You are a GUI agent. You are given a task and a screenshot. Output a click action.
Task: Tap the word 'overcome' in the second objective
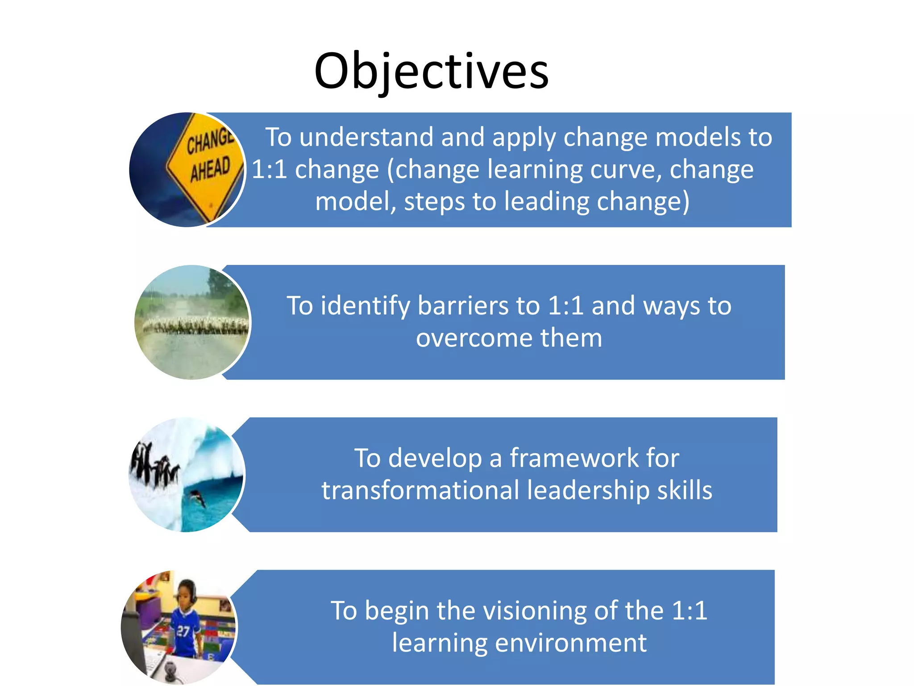pos(474,338)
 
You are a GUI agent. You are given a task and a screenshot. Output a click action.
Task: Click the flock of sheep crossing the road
pos(195,325)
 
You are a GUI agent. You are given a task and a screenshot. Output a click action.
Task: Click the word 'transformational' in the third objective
pos(420,490)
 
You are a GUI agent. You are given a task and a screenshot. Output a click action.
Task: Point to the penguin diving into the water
pos(197,498)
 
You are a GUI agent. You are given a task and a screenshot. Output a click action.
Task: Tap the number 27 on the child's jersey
pos(183,631)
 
